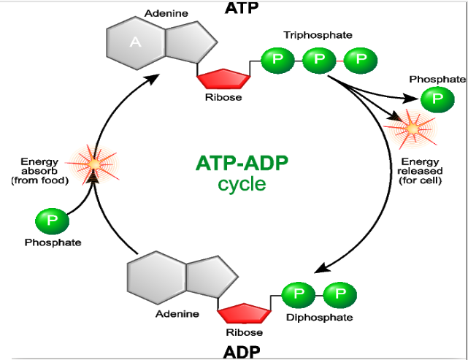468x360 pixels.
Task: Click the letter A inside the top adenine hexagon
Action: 135,42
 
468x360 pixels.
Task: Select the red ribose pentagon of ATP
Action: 222,77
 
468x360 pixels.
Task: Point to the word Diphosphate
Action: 319,318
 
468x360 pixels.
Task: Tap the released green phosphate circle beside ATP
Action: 437,99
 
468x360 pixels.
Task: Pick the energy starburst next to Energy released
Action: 412,129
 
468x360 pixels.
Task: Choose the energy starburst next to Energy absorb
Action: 93,164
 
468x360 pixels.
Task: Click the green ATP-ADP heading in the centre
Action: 242,162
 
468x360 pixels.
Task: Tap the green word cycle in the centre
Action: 242,183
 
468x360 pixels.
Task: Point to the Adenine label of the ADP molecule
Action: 177,315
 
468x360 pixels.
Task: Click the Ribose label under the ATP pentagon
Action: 223,97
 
